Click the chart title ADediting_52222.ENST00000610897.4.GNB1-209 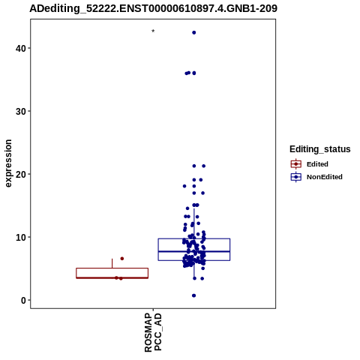pos(153,8)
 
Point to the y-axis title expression pos(8,163)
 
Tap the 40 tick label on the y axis pos(21,48)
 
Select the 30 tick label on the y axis pos(21,111)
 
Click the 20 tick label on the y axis pos(21,174)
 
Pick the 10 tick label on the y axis pos(21,237)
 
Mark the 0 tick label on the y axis pos(24,300)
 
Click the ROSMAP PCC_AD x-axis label pos(153,332)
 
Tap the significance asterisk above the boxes pos(153,31)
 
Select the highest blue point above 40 pos(193,32)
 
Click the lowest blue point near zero pos(193,295)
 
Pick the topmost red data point pos(122,259)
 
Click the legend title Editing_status pos(320,149)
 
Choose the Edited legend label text pos(317,164)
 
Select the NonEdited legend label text pos(325,177)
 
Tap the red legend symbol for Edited pos(296,164)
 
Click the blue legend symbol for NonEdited pos(296,177)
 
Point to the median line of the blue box pos(194,251)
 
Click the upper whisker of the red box pos(112,263)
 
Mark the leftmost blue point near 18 pos(184,186)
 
